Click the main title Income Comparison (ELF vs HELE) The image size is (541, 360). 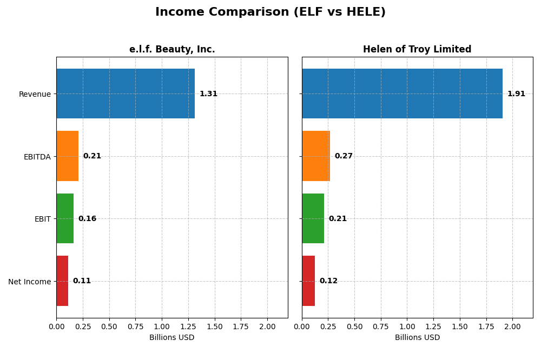click(x=270, y=12)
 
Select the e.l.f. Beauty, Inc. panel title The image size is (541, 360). click(x=172, y=49)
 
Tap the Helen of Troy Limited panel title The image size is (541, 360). click(x=417, y=49)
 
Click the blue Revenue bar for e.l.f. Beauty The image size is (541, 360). click(x=126, y=94)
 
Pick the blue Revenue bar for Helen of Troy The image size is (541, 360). click(x=402, y=94)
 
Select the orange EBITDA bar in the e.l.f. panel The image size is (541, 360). click(x=68, y=156)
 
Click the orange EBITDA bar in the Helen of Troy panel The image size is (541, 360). click(x=316, y=156)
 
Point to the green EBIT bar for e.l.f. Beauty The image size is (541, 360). click(x=65, y=218)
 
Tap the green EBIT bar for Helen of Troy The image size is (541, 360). click(x=313, y=218)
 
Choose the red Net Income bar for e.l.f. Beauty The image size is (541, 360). click(x=62, y=281)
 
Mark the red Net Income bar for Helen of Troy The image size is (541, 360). click(x=308, y=281)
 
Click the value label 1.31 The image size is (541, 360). click(x=208, y=94)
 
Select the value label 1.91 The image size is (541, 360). click(x=516, y=94)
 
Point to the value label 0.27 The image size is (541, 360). click(x=344, y=156)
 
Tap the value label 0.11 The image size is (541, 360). click(x=82, y=281)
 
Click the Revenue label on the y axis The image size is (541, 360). click(x=35, y=94)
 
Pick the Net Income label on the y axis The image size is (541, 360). click(x=29, y=281)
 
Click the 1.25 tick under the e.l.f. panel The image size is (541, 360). click(x=188, y=326)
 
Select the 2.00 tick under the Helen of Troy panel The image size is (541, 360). click(x=512, y=326)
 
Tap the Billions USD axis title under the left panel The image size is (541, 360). click(x=172, y=337)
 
